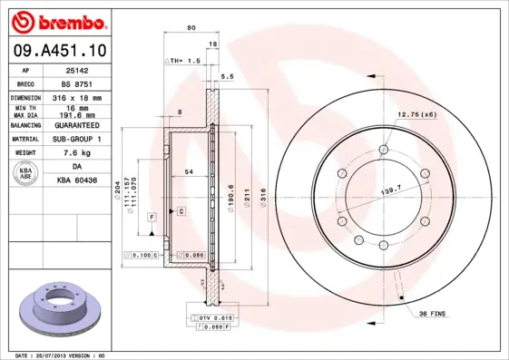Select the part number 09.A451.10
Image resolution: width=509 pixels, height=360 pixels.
pos(58,52)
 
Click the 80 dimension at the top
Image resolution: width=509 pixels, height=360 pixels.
pos(191,28)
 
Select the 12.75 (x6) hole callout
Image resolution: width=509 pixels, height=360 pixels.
pos(416,113)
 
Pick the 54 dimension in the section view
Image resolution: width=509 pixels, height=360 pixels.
pos(189,171)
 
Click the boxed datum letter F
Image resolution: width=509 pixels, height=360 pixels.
pos(152,218)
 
